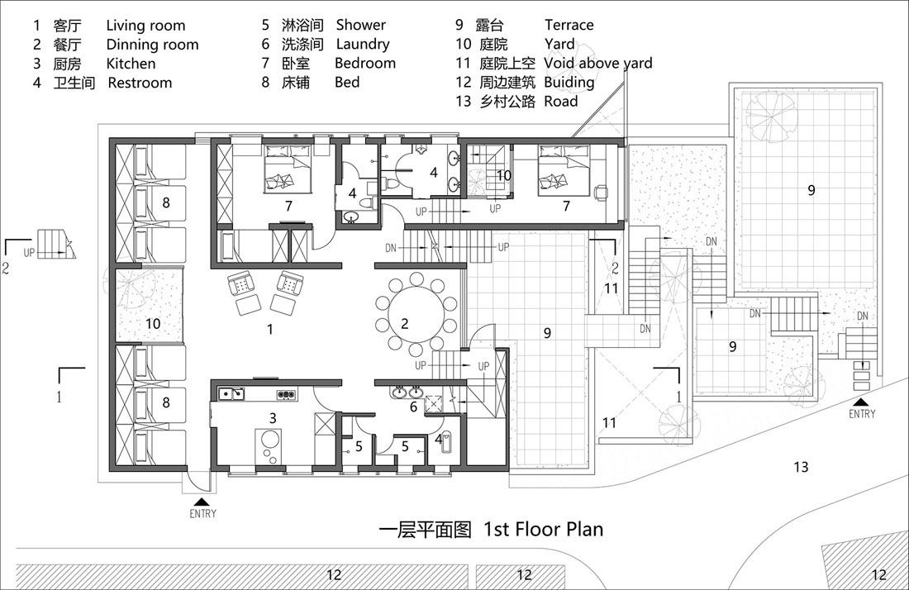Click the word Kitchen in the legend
coord(131,63)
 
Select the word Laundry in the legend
coord(363,44)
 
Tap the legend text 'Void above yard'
coord(598,63)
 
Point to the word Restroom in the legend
coord(140,83)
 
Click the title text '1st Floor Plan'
coord(543,529)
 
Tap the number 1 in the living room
coord(269,329)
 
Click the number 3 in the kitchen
coord(273,417)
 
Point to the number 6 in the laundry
coord(413,407)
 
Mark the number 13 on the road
coord(801,467)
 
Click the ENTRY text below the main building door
coord(203,513)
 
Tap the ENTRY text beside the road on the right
coord(862,414)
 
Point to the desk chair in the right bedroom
coord(601,193)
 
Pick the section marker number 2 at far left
coord(6,268)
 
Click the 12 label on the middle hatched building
coord(523,574)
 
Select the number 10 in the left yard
coord(153,323)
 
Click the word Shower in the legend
coord(360,25)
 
